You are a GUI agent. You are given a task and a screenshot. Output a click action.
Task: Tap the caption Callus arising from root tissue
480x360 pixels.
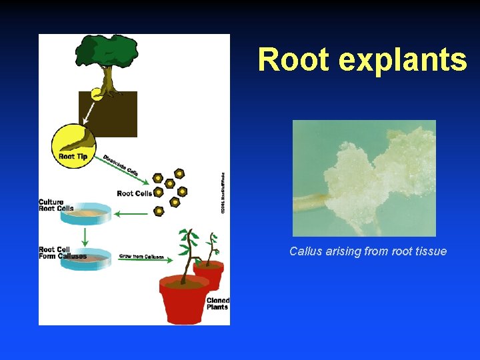tap(368, 251)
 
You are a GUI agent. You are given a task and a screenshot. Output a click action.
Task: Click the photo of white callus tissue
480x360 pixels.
tap(364, 178)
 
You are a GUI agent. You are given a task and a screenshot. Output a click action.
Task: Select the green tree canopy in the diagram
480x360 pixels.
tap(105, 53)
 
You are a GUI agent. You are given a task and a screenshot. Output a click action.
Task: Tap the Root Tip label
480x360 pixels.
tap(73, 157)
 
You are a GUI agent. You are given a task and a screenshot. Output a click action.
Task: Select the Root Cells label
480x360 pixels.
tap(134, 193)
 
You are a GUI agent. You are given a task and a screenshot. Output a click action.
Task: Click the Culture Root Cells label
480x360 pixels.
tap(56, 205)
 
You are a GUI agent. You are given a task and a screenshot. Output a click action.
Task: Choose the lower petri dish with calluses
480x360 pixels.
tap(85, 259)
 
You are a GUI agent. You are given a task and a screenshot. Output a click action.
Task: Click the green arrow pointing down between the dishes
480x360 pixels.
tap(85, 236)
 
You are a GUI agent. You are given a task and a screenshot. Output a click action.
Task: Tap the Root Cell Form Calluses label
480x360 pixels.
tap(62, 253)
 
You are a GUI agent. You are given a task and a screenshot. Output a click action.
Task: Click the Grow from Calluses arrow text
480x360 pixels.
tap(141, 256)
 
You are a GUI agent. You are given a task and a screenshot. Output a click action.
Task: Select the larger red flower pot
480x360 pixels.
tap(183, 300)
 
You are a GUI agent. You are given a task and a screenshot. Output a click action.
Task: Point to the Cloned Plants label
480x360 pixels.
tap(217, 303)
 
